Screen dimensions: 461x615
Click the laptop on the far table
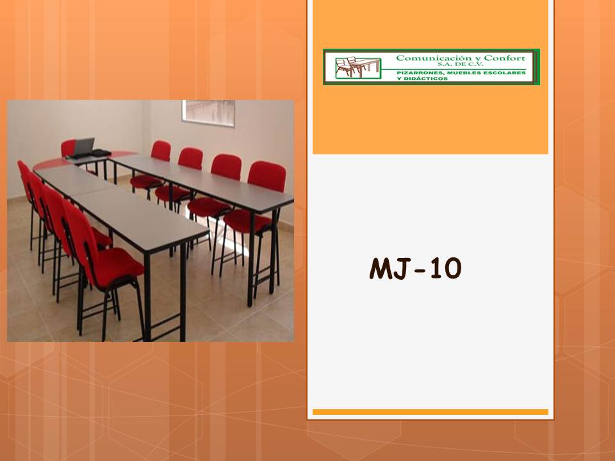[82, 148]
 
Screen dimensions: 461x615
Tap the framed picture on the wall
[208, 109]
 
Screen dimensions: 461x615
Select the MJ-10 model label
[415, 270]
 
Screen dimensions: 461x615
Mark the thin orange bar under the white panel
[430, 412]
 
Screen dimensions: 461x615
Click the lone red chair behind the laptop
[68, 149]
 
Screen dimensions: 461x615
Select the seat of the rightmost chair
[247, 220]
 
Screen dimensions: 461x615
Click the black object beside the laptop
[101, 152]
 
